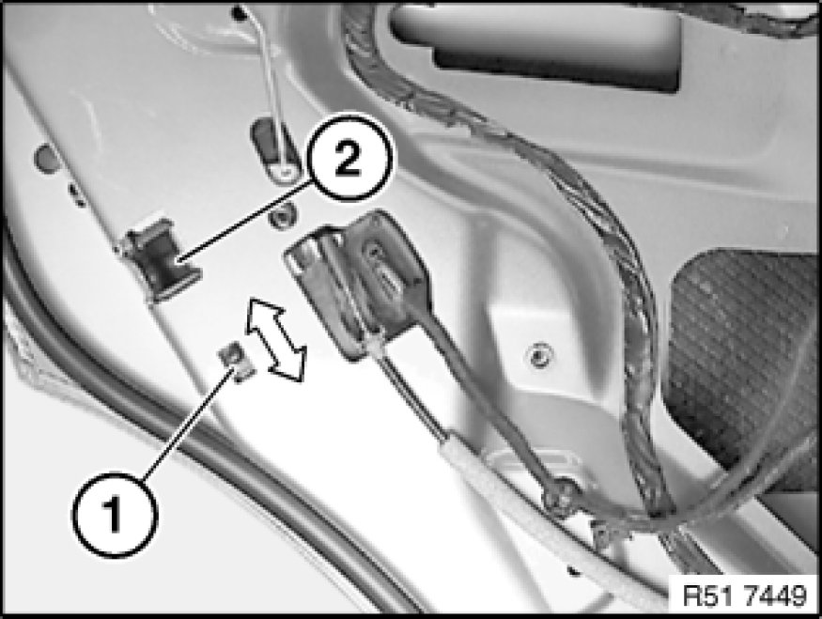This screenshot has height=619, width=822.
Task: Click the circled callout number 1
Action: pyautogui.click(x=115, y=516)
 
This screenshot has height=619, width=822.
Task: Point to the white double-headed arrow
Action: pyautogui.click(x=274, y=339)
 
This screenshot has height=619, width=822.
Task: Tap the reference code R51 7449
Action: pyautogui.click(x=745, y=596)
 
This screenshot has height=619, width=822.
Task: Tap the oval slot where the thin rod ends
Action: pyautogui.click(x=274, y=152)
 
